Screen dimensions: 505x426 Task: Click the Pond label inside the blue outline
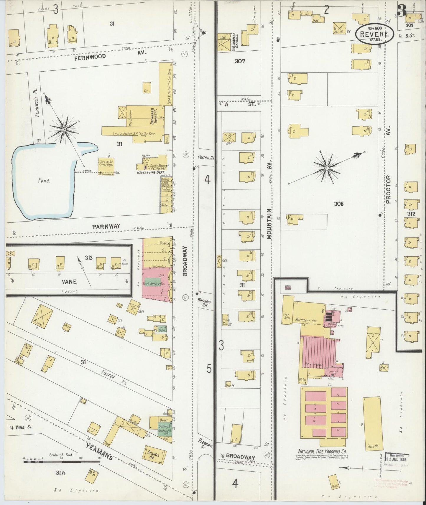44,181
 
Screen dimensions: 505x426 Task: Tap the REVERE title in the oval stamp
374,34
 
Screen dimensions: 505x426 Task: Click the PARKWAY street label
106,226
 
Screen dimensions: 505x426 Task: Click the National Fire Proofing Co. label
322,451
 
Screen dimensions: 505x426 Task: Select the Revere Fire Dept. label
148,172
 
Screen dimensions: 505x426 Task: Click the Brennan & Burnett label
154,117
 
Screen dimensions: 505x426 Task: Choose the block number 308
339,204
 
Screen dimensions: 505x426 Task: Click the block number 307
240,61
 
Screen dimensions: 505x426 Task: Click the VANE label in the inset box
69,281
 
